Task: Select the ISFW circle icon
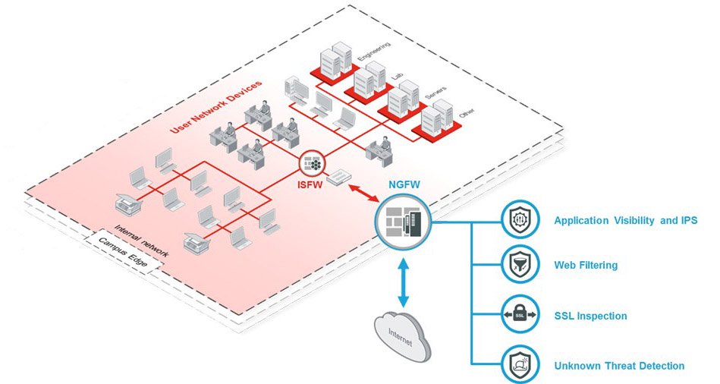pyautogui.click(x=311, y=162)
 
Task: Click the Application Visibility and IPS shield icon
pyautogui.click(x=520, y=221)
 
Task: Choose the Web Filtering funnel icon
pyautogui.click(x=520, y=266)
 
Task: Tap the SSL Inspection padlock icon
pyautogui.click(x=520, y=314)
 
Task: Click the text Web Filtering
pyautogui.click(x=586, y=266)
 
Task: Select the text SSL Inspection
pyautogui.click(x=590, y=316)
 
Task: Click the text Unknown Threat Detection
pyautogui.click(x=619, y=366)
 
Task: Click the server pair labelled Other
pyautogui.click(x=436, y=119)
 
